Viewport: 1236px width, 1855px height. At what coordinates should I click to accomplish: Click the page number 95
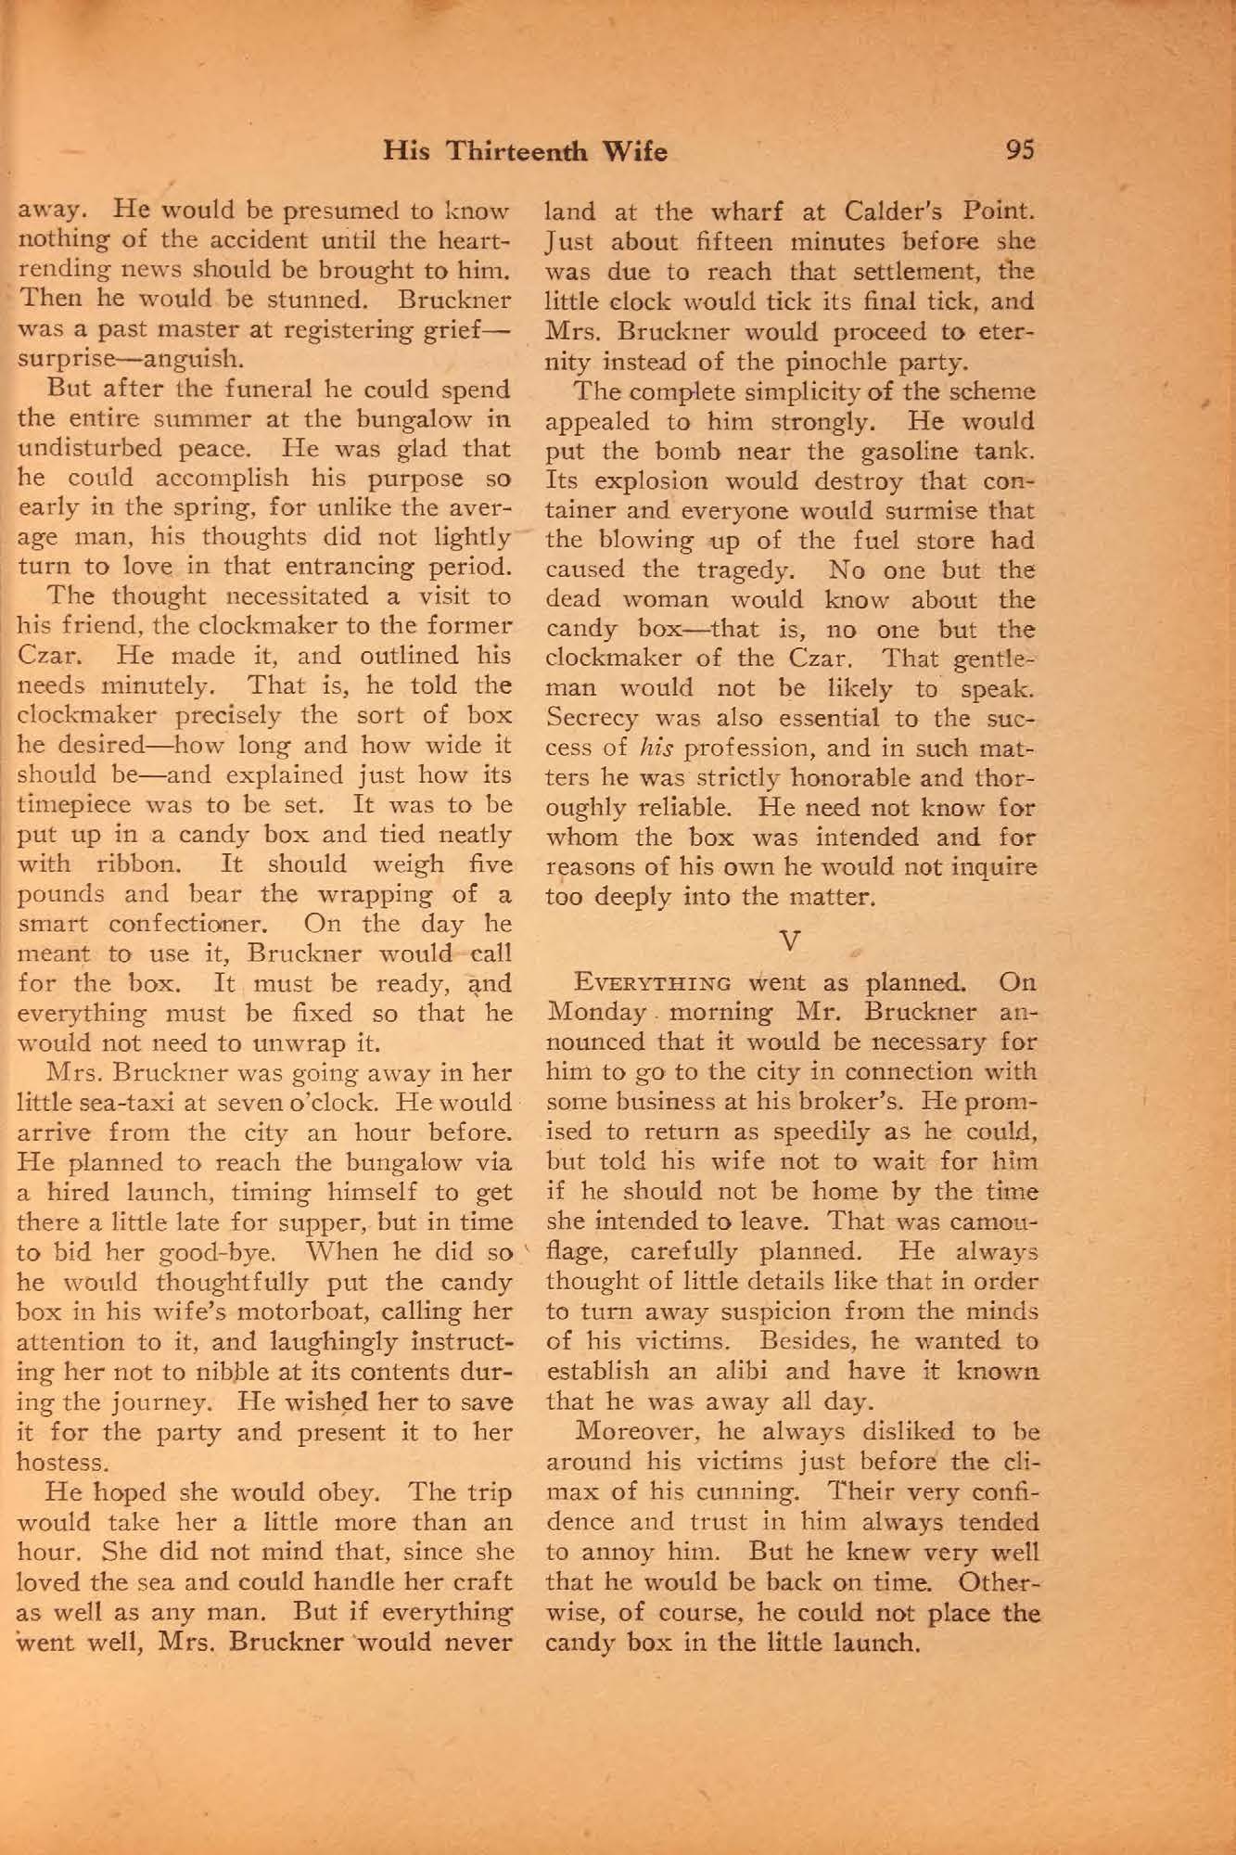coord(1020,150)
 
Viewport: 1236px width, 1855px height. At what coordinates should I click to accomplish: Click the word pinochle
coord(832,361)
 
